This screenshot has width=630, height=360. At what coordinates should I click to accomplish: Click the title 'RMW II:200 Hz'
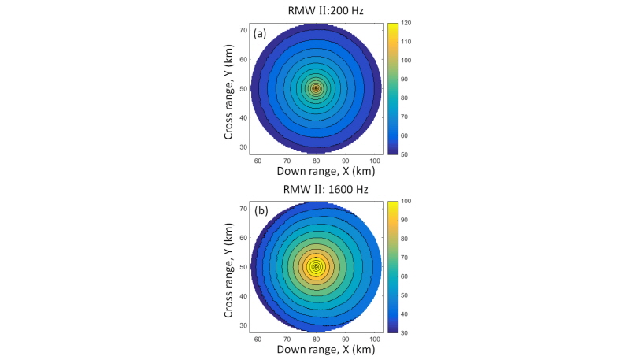316,10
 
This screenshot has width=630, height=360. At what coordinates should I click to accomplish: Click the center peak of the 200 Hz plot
316,88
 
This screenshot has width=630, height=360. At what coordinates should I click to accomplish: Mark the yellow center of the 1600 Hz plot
316,267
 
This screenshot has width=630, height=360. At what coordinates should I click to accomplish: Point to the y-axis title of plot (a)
230,89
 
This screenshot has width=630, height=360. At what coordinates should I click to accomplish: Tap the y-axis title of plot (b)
230,268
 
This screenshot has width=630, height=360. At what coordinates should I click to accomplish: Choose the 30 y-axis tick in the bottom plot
245,325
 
